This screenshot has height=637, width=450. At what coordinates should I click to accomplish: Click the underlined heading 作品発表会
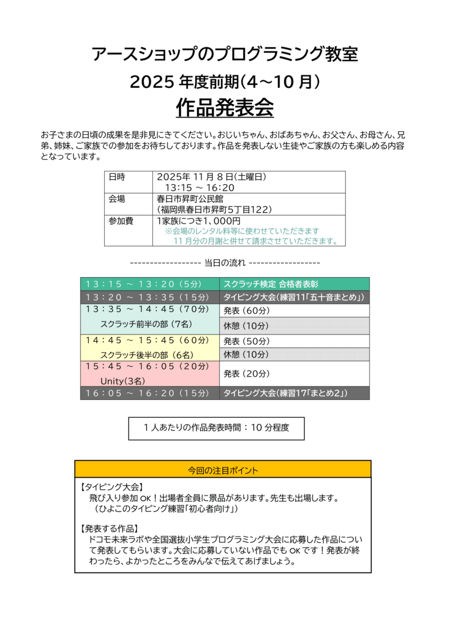click(x=224, y=108)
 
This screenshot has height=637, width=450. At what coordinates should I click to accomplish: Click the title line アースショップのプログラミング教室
click(x=224, y=55)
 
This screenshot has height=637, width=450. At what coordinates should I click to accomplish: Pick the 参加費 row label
click(x=120, y=221)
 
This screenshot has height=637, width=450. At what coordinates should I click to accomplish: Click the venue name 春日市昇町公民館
click(x=190, y=199)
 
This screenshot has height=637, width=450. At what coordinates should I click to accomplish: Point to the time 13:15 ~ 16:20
click(x=199, y=188)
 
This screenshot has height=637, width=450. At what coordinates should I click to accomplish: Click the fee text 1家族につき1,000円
click(x=199, y=221)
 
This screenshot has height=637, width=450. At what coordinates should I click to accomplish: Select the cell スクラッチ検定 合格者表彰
click(x=271, y=284)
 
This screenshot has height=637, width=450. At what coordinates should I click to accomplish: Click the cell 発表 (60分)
click(x=246, y=310)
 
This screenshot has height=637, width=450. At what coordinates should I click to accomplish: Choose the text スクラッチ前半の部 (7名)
click(x=147, y=324)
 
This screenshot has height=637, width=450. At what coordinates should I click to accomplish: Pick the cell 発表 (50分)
click(x=246, y=341)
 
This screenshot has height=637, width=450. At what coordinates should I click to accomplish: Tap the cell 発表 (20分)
click(x=246, y=373)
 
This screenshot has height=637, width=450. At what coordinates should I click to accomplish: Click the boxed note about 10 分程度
click(x=217, y=428)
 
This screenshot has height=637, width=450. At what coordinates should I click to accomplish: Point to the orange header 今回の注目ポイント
click(x=223, y=469)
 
